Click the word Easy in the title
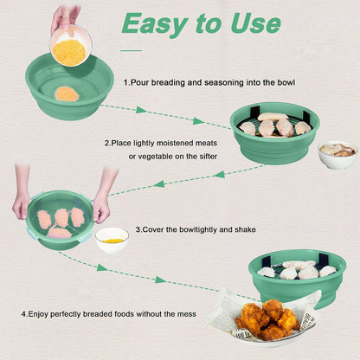coord(155,24)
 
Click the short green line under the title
coord(132,50)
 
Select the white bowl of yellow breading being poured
coord(71,45)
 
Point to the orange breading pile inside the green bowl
coord(67,94)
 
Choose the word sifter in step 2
coord(209,157)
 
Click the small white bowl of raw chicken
coord(337,154)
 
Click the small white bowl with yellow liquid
coord(112,241)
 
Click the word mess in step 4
coord(187,314)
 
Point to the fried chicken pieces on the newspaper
coord(267,319)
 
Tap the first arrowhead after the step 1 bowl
coord(141,110)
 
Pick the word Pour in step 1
coord(140,83)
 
